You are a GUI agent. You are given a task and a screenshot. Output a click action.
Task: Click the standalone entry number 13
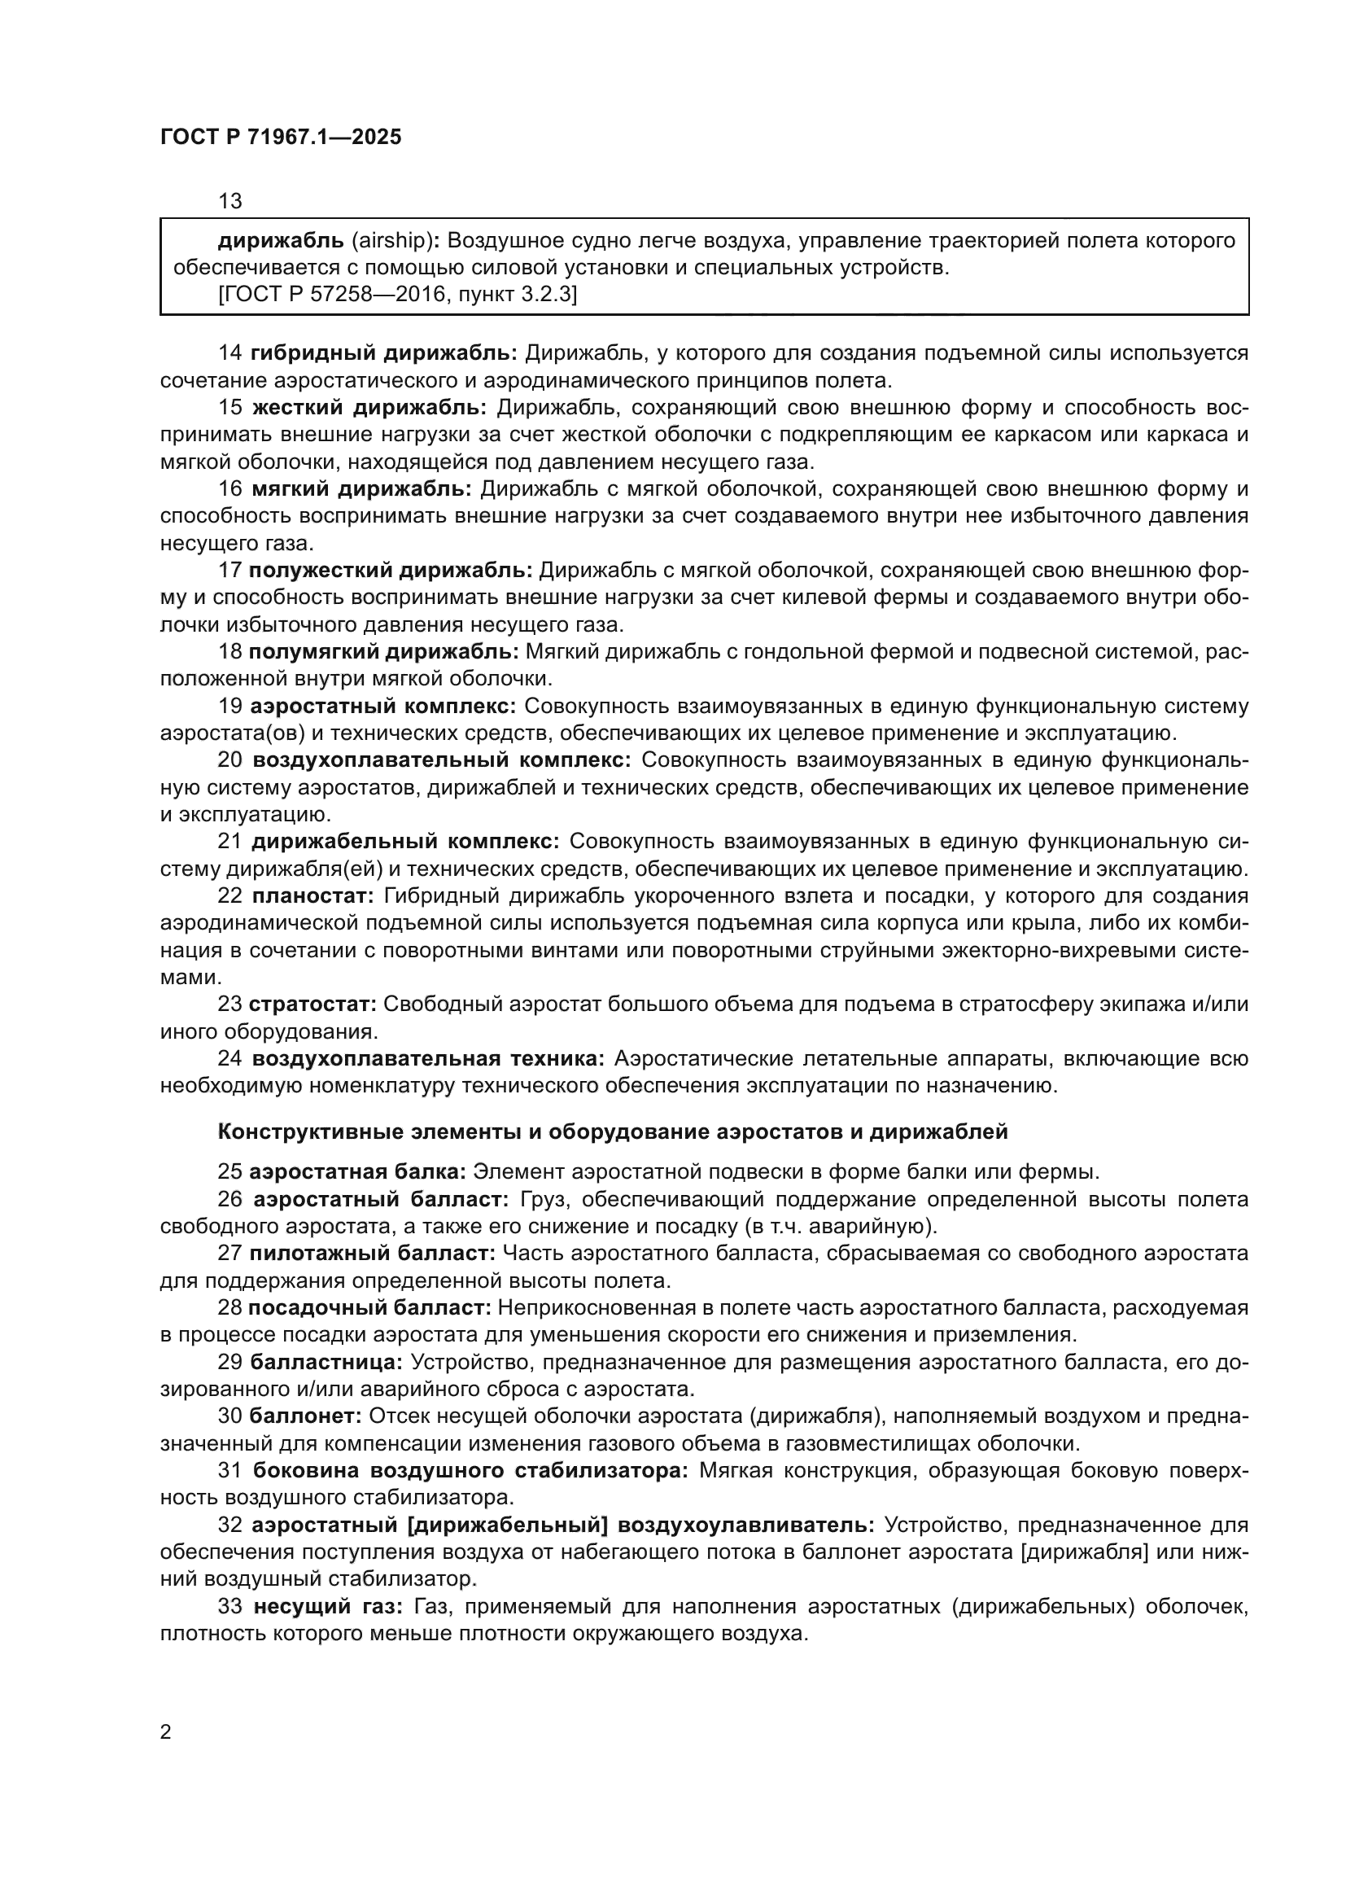tap(229, 201)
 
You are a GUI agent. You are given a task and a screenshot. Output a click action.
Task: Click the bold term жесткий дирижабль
tap(369, 407)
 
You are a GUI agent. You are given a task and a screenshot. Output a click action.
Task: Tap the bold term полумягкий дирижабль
tap(384, 651)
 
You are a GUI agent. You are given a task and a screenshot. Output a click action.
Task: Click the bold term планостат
tap(313, 896)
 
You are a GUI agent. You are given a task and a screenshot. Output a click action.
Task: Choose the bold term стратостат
tap(313, 1005)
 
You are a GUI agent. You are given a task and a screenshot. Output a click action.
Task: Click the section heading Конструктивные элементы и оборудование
tap(613, 1131)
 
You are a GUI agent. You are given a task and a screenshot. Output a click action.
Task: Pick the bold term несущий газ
tap(327, 1606)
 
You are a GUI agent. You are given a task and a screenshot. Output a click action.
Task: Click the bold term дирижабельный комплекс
tap(405, 842)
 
